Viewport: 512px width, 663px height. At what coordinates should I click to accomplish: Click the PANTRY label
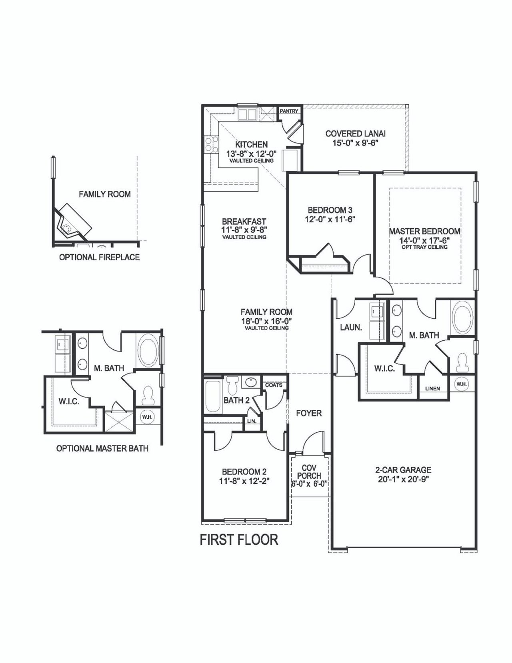(289, 111)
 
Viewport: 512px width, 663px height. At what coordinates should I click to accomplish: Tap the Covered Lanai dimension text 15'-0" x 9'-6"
(355, 143)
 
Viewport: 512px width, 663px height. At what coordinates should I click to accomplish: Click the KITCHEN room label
(251, 144)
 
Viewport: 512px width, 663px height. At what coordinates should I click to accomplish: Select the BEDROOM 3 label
(330, 210)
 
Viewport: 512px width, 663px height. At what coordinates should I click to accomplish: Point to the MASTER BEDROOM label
(424, 231)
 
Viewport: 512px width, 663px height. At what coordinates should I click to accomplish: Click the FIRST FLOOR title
(239, 540)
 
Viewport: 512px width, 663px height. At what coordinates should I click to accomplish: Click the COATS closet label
(274, 385)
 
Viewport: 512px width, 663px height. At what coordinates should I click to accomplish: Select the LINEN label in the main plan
(433, 388)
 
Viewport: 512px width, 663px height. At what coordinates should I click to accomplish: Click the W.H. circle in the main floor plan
(461, 384)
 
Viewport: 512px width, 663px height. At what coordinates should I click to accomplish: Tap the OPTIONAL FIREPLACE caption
(99, 257)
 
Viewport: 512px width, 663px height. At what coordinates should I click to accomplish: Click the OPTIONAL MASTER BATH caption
(102, 449)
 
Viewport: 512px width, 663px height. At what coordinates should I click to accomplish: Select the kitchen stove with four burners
(211, 144)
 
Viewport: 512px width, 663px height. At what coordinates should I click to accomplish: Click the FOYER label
(309, 413)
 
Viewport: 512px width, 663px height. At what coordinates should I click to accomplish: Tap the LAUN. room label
(351, 327)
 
